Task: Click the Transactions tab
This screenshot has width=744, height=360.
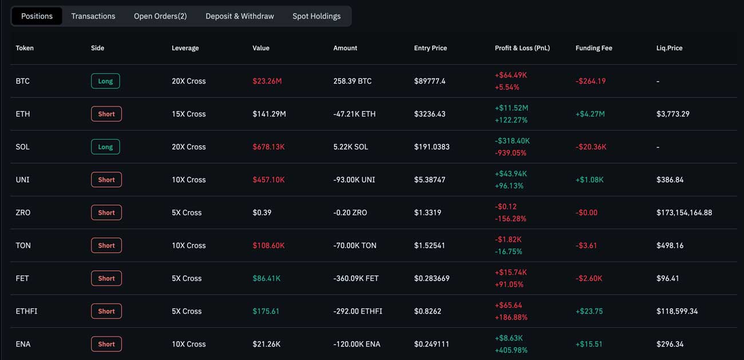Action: pyautogui.click(x=93, y=16)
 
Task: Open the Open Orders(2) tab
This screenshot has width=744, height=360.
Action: pyautogui.click(x=160, y=16)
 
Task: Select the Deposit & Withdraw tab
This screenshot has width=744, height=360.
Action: pyautogui.click(x=240, y=16)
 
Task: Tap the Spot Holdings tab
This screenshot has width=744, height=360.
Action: pyautogui.click(x=316, y=16)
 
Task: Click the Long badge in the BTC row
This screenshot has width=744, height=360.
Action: pyautogui.click(x=105, y=81)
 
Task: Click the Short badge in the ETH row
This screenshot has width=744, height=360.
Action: pyautogui.click(x=106, y=114)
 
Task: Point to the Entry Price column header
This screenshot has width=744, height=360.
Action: pyautogui.click(x=430, y=48)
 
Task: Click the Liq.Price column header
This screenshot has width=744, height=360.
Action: pyautogui.click(x=669, y=48)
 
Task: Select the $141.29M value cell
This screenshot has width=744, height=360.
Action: pyautogui.click(x=269, y=114)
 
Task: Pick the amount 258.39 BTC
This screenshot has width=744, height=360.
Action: pyautogui.click(x=353, y=81)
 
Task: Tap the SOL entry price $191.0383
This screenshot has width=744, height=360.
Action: pyautogui.click(x=432, y=147)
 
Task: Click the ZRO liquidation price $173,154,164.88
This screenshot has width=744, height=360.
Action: pyautogui.click(x=684, y=213)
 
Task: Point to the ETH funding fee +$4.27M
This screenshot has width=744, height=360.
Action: pyautogui.click(x=590, y=114)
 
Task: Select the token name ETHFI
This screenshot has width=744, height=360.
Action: pyautogui.click(x=26, y=311)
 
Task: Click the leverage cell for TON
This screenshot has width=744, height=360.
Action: pyautogui.click(x=188, y=246)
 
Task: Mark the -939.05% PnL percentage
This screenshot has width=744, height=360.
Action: pyautogui.click(x=510, y=153)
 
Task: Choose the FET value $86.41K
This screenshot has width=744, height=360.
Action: pyautogui.click(x=266, y=279)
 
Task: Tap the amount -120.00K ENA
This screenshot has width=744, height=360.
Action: pyautogui.click(x=357, y=345)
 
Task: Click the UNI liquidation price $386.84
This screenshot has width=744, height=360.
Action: pyautogui.click(x=670, y=180)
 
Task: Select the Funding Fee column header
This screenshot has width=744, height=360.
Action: pyautogui.click(x=593, y=48)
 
